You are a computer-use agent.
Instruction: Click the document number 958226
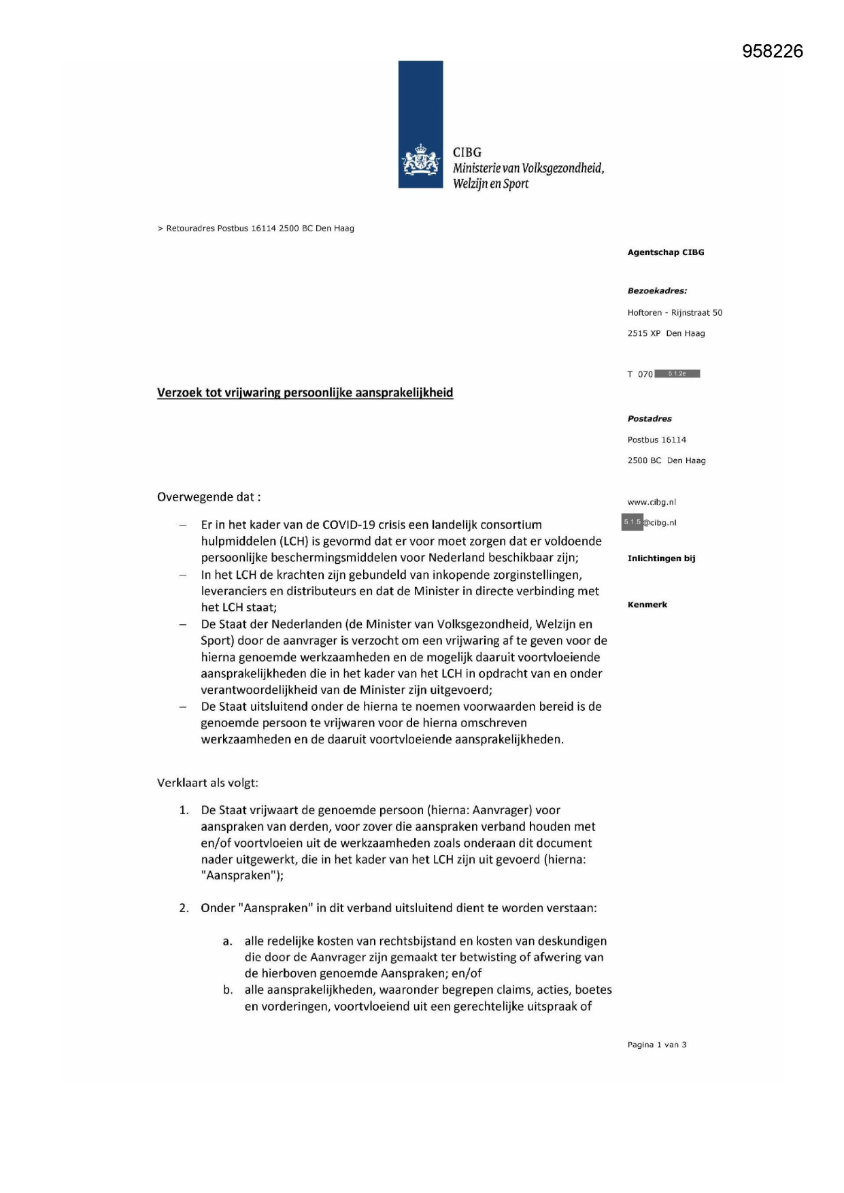773,52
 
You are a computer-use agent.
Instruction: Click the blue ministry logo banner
420,124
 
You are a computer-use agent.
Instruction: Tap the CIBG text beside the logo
467,152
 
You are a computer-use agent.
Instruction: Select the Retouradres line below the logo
256,229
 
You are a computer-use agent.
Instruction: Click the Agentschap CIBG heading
666,252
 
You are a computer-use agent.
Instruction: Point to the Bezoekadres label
657,291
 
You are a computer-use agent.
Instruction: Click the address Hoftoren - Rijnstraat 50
675,313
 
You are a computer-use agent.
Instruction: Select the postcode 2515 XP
644,333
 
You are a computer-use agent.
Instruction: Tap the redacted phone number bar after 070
677,373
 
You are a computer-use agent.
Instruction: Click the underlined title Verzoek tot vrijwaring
305,392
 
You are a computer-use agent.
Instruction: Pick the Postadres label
649,419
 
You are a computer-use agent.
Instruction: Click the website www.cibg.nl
652,502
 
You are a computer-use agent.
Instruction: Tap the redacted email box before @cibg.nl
632,522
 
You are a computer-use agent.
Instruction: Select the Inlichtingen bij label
661,558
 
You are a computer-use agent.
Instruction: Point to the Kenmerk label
647,605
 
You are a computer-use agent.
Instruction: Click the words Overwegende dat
209,497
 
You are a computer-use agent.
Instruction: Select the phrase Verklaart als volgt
207,782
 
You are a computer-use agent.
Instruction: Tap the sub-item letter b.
228,990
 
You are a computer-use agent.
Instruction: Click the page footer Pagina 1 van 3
657,1045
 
